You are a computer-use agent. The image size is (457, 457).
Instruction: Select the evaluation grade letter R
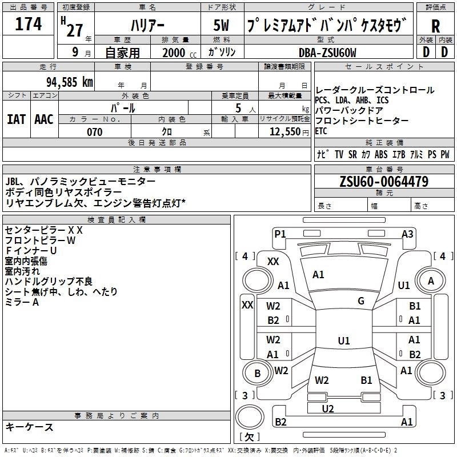click(435, 26)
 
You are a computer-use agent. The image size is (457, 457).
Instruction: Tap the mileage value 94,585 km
click(69, 81)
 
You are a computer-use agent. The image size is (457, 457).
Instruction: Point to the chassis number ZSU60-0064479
click(383, 182)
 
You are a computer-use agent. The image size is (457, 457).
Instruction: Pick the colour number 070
click(94, 132)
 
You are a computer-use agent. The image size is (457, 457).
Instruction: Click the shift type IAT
click(16, 119)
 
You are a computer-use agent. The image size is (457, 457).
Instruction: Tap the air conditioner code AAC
click(43, 119)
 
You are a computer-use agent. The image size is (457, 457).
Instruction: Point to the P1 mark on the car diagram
click(280, 233)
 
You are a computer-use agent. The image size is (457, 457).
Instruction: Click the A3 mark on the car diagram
click(407, 233)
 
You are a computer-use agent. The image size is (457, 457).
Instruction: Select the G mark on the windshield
click(361, 301)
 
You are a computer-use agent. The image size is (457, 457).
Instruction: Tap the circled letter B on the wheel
click(257, 374)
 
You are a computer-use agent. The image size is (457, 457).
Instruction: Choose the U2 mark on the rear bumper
click(328, 408)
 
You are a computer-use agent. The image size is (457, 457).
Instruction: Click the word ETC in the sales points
click(322, 130)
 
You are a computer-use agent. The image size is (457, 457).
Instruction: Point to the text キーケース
click(29, 427)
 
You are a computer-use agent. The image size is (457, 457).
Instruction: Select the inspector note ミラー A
click(22, 302)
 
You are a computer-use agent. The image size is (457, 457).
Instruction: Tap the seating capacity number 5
click(237, 108)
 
